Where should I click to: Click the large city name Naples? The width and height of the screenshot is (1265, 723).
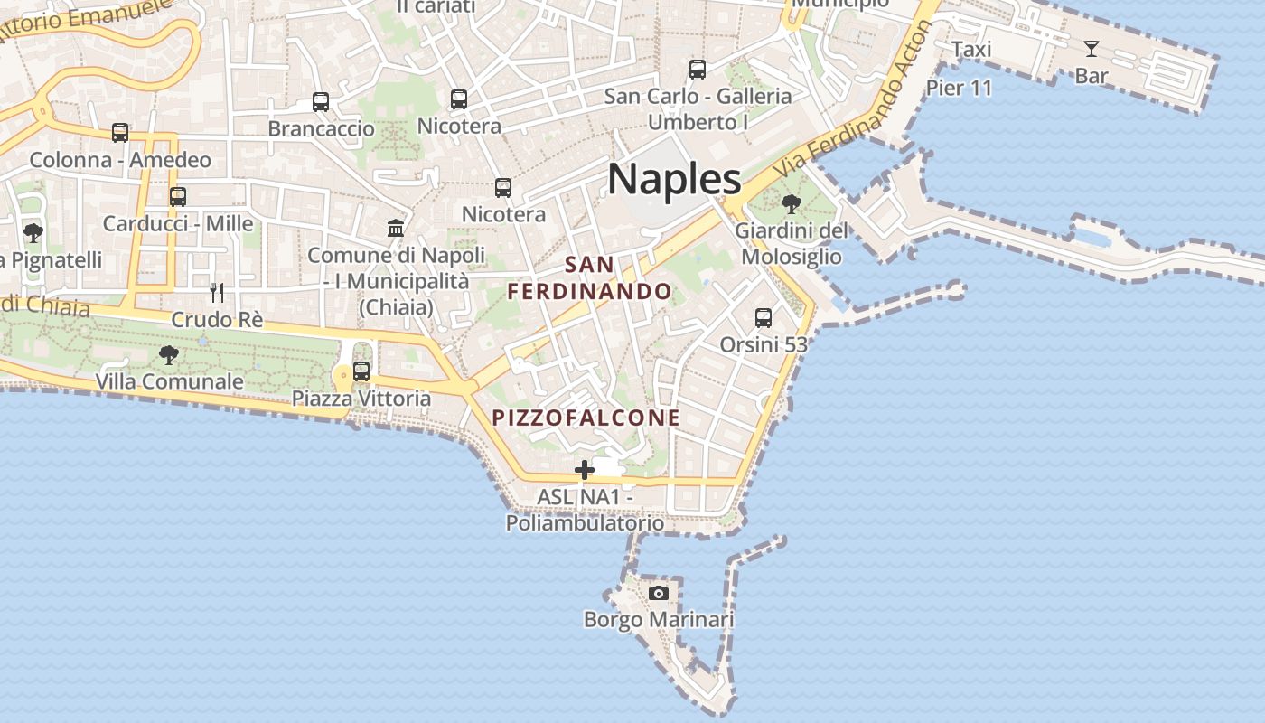(x=674, y=179)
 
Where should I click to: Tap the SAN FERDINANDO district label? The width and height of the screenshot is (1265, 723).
(x=589, y=278)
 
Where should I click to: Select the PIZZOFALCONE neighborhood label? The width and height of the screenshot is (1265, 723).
(x=586, y=418)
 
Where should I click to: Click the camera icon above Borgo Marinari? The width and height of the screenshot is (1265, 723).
(x=659, y=593)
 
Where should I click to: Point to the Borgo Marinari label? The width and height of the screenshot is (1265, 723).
(x=659, y=620)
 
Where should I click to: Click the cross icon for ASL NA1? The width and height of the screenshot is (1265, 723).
(x=585, y=470)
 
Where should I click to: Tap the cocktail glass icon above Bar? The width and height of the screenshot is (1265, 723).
(x=1092, y=49)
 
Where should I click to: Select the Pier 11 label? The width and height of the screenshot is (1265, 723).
(x=959, y=88)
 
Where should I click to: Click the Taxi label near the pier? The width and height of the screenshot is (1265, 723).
(x=971, y=50)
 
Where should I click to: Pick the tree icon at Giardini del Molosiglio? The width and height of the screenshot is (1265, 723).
(x=792, y=204)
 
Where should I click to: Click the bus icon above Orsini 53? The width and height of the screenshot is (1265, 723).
(x=764, y=318)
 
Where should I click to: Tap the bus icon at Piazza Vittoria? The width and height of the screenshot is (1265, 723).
(x=361, y=371)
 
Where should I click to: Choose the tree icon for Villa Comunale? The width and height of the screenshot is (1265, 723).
(x=168, y=355)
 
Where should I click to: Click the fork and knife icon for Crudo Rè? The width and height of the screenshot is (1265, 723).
(x=217, y=292)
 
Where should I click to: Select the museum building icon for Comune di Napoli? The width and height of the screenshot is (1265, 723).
(x=396, y=228)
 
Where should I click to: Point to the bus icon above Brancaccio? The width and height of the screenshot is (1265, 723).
(x=321, y=102)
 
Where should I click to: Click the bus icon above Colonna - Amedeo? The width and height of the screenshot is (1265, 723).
(x=120, y=133)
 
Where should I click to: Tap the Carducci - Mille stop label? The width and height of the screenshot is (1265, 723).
(x=178, y=223)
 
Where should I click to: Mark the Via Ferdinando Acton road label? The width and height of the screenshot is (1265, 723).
(x=854, y=99)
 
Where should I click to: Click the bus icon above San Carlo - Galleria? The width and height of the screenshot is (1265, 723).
(x=698, y=70)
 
